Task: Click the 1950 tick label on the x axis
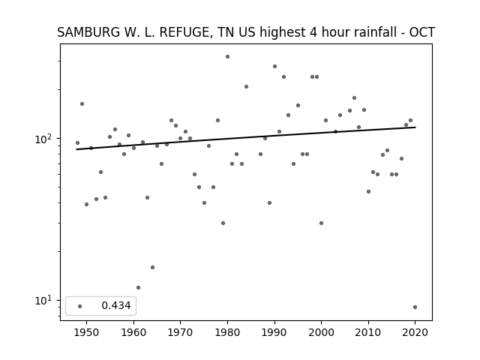pos(87,332)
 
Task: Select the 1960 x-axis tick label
pos(133,332)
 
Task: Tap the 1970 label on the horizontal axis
pos(180,332)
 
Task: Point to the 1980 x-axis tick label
pos(227,332)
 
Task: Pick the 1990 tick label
pos(274,332)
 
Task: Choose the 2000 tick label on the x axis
pos(321,332)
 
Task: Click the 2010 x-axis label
pos(368,332)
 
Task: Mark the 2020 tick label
pos(415,332)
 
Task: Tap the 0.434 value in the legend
pos(116,305)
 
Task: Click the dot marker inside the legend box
pos(80,306)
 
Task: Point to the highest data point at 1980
pos(227,57)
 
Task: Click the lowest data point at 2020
pos(415,307)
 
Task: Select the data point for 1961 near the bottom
pos(138,287)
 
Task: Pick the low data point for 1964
pos(152,267)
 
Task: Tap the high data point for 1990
pos(275,67)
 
